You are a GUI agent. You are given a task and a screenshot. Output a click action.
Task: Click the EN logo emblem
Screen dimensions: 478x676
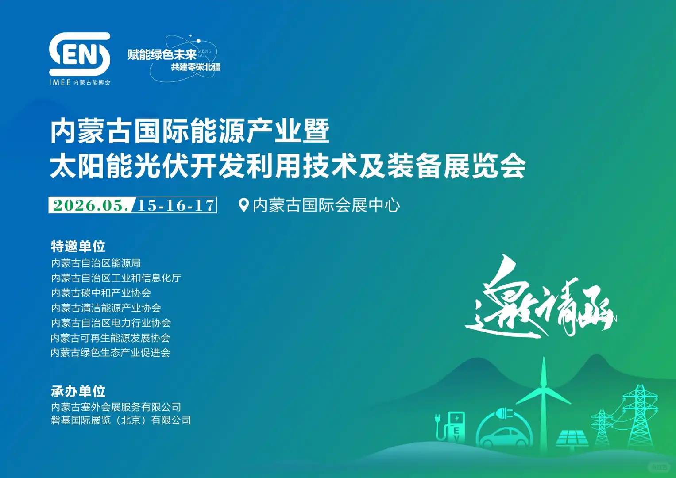tap(80, 54)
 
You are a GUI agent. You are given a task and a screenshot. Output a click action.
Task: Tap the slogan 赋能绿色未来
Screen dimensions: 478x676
tap(162, 55)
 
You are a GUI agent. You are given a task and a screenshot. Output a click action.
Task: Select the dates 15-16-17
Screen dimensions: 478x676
tap(176, 205)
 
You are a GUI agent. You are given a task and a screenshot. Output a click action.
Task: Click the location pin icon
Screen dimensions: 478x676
tap(243, 205)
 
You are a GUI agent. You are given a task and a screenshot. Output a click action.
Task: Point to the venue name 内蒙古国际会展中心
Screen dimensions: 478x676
tap(326, 205)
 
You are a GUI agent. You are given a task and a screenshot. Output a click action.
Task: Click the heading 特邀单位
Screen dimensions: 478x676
tap(78, 246)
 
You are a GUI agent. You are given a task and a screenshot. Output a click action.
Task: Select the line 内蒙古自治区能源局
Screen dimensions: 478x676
tap(96, 263)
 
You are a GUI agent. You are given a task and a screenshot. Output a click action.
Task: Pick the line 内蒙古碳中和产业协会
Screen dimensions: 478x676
tap(101, 293)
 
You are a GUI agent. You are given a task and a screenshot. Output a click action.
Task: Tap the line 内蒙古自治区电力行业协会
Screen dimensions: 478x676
tap(111, 323)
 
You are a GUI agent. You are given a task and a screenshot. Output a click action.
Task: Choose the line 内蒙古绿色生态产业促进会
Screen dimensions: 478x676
tap(110, 353)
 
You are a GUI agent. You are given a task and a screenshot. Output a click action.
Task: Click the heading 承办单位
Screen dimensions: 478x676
tap(78, 391)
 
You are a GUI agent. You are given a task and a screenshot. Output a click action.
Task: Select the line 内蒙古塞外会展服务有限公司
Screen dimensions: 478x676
tap(116, 407)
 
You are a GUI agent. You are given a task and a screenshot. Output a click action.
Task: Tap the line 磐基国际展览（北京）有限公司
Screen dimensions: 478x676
tap(121, 420)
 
